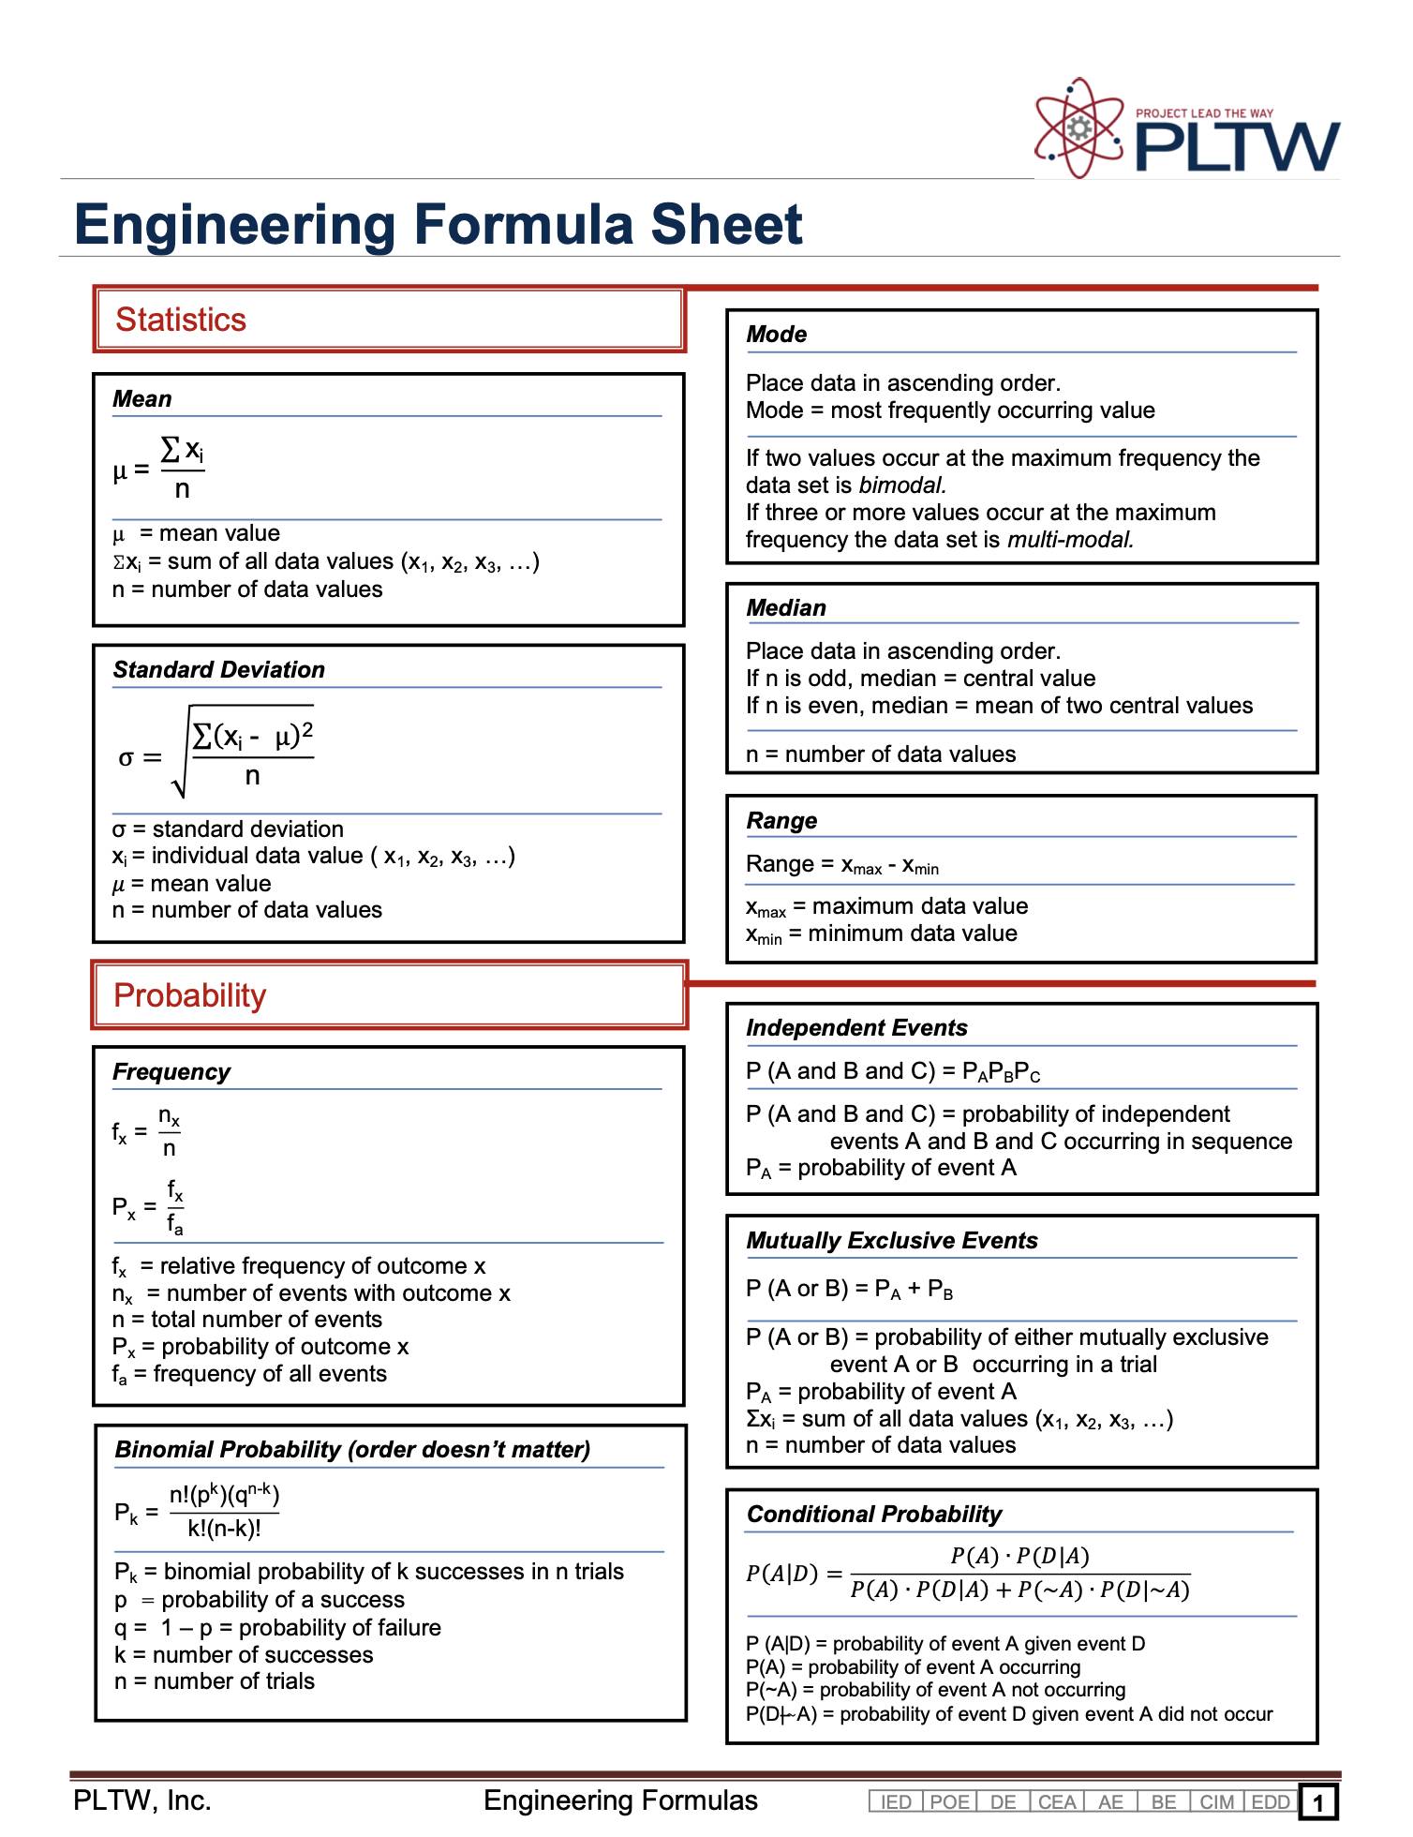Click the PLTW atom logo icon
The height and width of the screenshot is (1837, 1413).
pyautogui.click(x=1078, y=128)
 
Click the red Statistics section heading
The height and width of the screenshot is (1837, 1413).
pyautogui.click(x=180, y=320)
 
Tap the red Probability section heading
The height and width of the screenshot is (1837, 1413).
pyautogui.click(x=189, y=995)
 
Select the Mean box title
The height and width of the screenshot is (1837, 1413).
pyautogui.click(x=141, y=399)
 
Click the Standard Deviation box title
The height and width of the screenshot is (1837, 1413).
pyautogui.click(x=218, y=670)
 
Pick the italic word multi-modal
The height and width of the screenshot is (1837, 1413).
pyautogui.click(x=1070, y=540)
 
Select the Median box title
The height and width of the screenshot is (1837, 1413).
pyautogui.click(x=785, y=608)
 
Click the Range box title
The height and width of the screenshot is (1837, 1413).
pyautogui.click(x=781, y=821)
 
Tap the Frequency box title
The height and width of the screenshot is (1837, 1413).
pyautogui.click(x=171, y=1072)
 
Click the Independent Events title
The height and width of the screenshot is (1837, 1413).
pyautogui.click(x=855, y=1028)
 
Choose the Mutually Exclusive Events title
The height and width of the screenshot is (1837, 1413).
pyautogui.click(x=891, y=1241)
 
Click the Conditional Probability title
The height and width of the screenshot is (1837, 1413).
pyautogui.click(x=873, y=1515)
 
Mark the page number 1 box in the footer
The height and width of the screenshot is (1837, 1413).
pyautogui.click(x=1318, y=1802)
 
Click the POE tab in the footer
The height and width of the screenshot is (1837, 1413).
pyautogui.click(x=949, y=1802)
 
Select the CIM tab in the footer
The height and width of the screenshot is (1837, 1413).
pyautogui.click(x=1216, y=1802)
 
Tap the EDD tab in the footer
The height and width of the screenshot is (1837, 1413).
pyautogui.click(x=1271, y=1802)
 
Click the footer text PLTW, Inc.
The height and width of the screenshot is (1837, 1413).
pyautogui.click(x=142, y=1800)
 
